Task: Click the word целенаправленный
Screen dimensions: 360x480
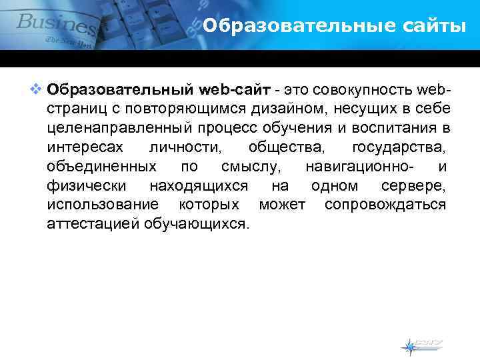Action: coord(115,128)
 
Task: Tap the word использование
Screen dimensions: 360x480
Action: coord(103,204)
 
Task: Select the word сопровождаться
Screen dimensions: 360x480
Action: coord(385,204)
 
